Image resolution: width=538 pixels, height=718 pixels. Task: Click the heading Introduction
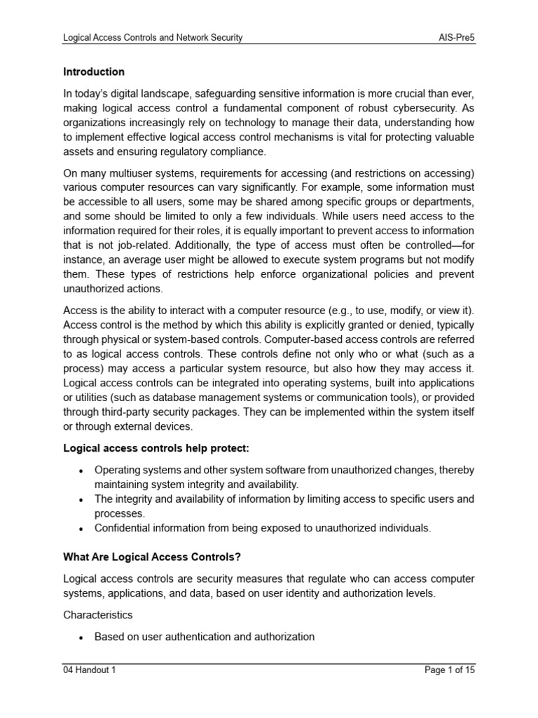pos(94,72)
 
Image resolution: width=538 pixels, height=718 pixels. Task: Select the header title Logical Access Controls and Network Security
pos(153,37)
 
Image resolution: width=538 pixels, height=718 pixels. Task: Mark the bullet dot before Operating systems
pos(82,470)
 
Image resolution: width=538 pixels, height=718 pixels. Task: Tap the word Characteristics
pos(97,614)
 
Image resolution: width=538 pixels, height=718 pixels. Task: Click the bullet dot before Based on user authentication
pos(82,637)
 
